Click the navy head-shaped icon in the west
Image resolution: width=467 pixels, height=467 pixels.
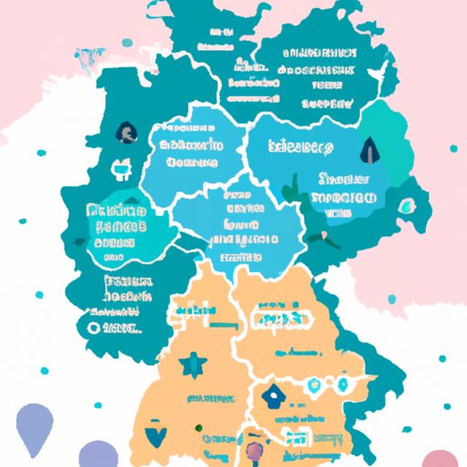click(x=122, y=134)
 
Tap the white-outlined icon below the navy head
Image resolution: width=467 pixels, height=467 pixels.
click(x=118, y=168)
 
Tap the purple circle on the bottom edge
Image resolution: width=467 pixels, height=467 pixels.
click(x=94, y=453)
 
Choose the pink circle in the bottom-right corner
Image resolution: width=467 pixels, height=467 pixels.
click(x=440, y=457)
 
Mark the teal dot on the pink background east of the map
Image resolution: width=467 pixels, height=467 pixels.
click(x=453, y=148)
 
